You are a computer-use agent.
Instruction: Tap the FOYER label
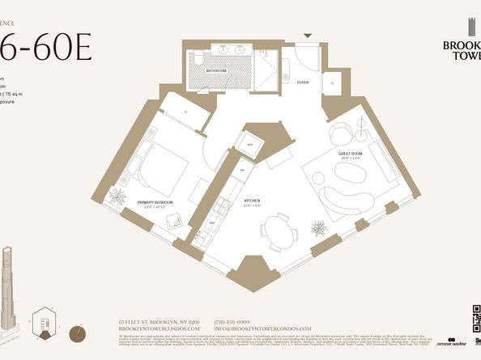tap(302, 82)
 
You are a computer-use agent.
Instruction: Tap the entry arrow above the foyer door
tap(306, 36)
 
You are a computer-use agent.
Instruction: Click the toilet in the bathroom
tap(198, 58)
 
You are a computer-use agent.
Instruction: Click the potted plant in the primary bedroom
tap(118, 196)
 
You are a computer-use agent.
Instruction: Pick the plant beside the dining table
tap(319, 228)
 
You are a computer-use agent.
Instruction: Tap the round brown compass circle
tap(78, 331)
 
